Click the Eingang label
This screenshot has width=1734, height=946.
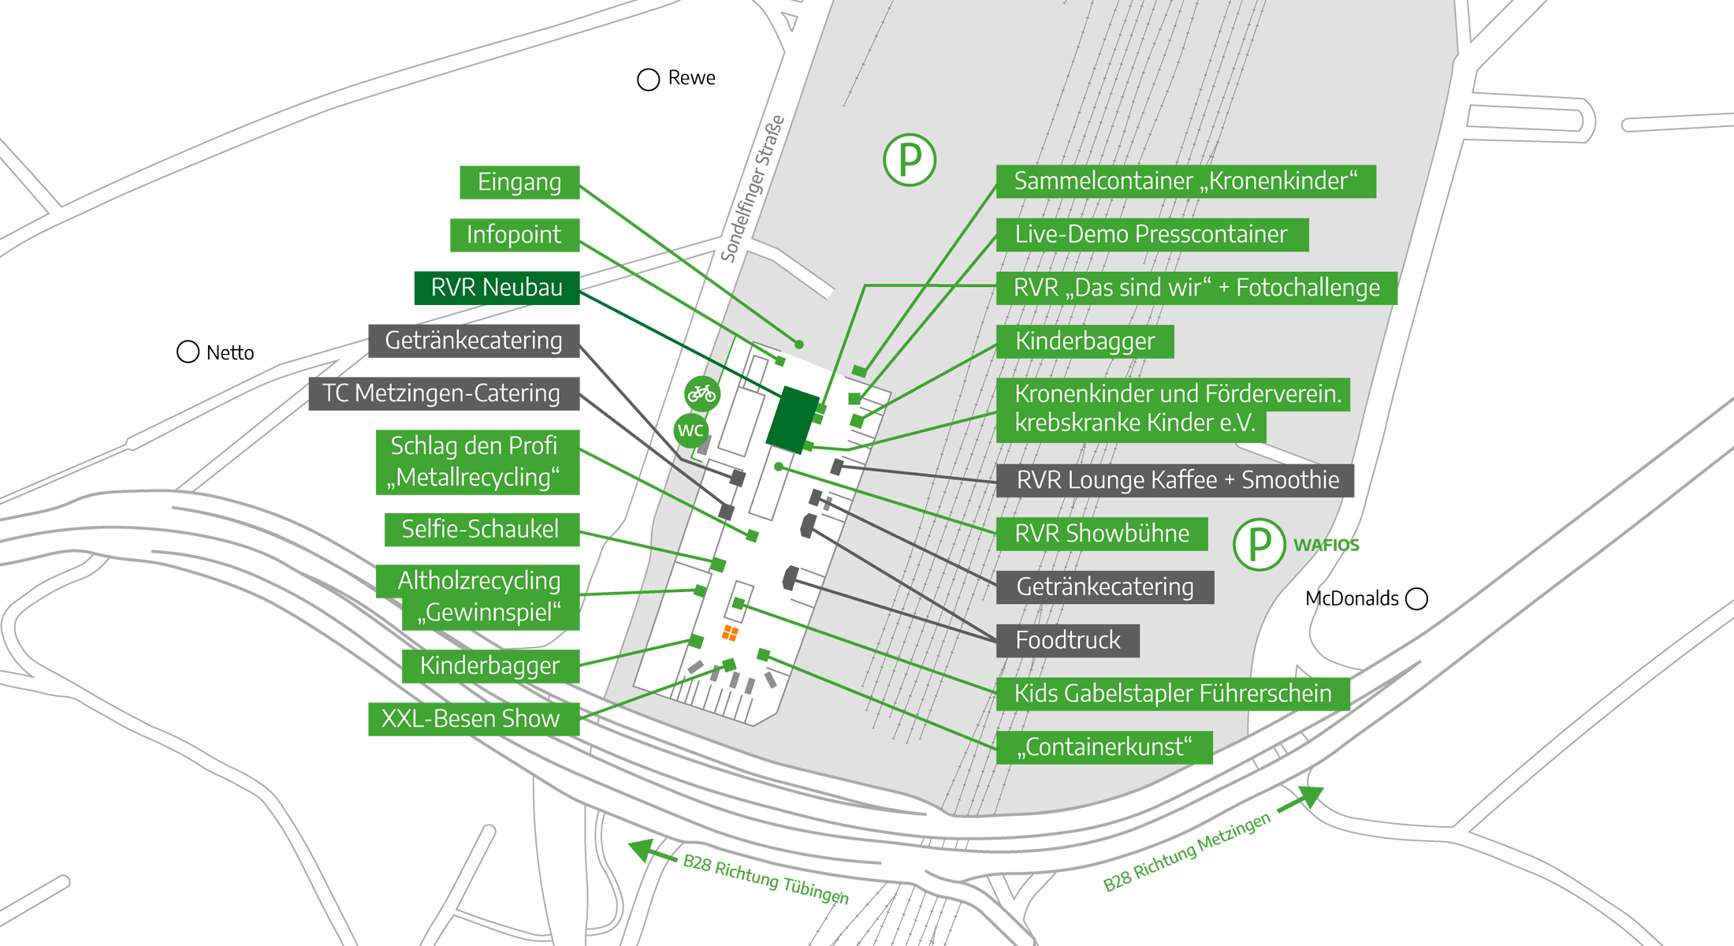519,182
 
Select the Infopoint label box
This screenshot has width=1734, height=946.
515,235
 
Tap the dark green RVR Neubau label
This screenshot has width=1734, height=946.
497,288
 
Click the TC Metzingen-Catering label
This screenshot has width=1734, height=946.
444,393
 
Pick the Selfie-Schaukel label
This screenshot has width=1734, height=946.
482,529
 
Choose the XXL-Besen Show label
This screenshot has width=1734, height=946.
474,719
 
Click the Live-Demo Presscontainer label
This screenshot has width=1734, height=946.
1152,235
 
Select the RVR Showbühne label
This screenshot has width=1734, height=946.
1102,534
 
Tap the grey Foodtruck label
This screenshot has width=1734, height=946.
1068,640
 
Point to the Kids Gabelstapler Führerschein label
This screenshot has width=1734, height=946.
1173,694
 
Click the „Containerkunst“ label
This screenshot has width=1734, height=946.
1104,747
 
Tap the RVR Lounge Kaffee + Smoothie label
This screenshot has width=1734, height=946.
1175,480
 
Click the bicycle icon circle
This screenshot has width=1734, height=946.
701,393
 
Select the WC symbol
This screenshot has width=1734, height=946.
691,430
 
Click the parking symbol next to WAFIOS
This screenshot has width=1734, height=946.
1260,544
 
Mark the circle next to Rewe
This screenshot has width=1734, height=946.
648,80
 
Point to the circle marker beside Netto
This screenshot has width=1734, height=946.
188,352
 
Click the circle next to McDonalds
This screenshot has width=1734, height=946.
1416,599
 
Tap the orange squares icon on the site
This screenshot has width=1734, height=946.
731,632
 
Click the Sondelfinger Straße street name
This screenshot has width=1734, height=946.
753,189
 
